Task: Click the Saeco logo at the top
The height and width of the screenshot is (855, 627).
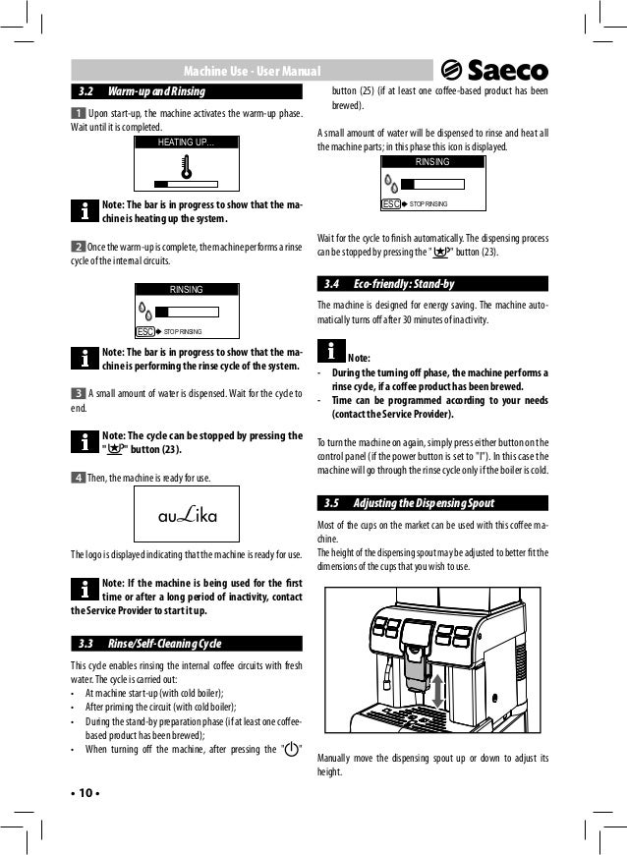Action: coord(494,70)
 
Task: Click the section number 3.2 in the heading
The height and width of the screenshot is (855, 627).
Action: coord(85,91)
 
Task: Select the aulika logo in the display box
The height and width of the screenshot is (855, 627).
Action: coord(187,517)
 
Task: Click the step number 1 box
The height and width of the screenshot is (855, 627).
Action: coord(78,115)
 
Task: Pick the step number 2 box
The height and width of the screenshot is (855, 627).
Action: coord(78,244)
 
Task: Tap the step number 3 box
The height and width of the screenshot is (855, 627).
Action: coord(78,392)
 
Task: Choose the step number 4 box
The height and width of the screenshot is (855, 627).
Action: coord(78,478)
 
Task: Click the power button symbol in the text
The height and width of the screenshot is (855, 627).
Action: coord(292,750)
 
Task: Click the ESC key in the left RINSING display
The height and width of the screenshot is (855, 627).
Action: coord(143,332)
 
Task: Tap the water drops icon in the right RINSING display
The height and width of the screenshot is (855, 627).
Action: coord(392,185)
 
